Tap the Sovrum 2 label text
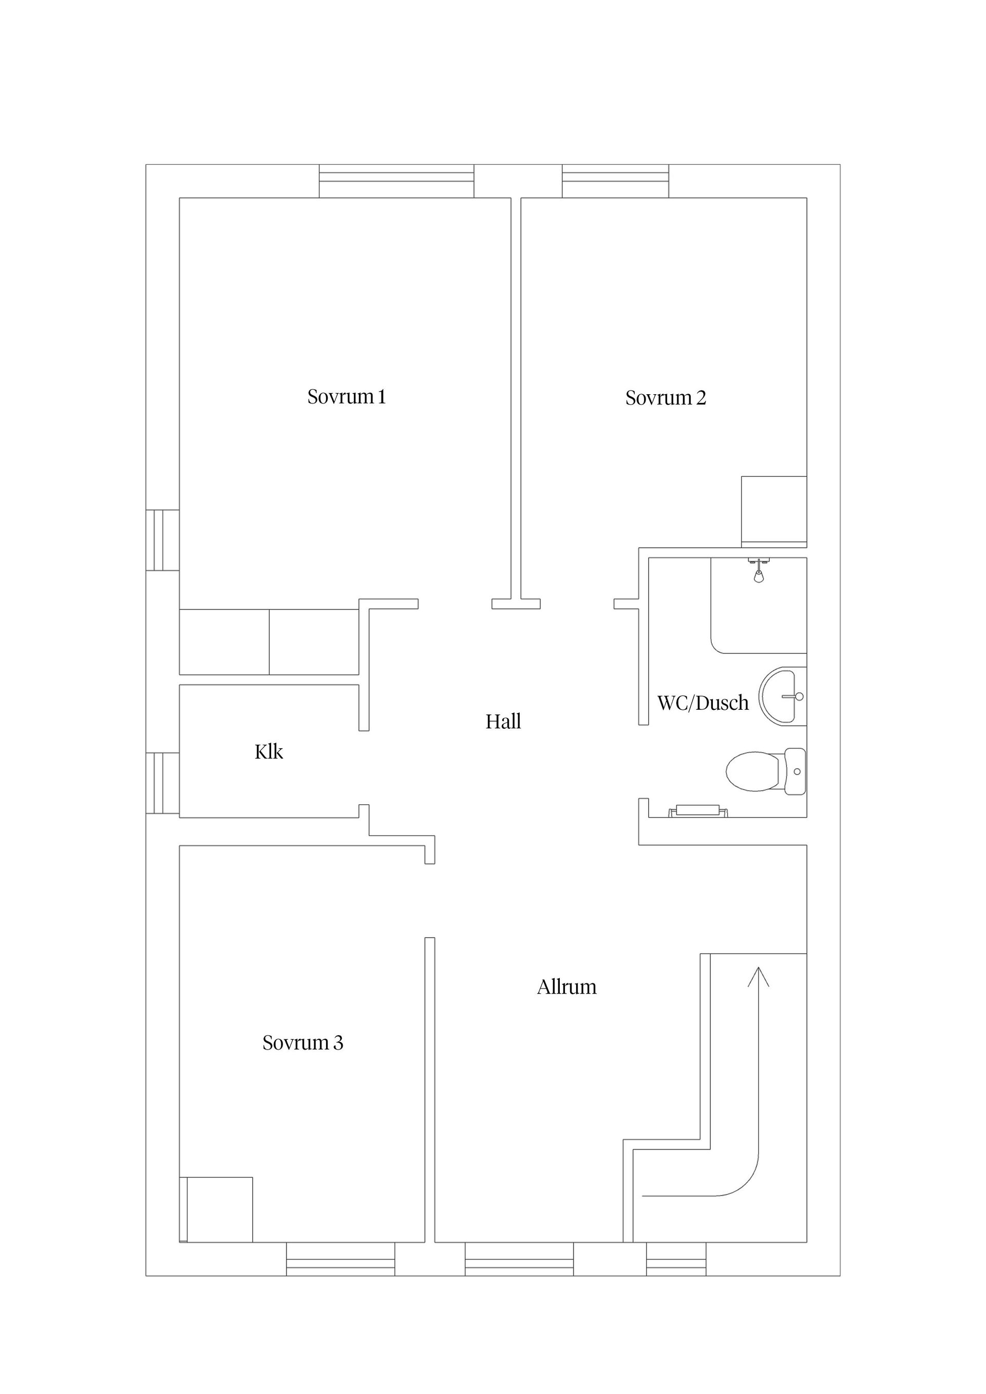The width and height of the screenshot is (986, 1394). point(666,398)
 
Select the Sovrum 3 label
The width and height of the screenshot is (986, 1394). point(302,1042)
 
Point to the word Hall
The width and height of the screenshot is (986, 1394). point(503,721)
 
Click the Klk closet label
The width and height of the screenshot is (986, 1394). point(269,751)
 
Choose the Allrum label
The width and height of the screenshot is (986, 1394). point(566,986)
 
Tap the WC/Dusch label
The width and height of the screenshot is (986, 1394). point(703,703)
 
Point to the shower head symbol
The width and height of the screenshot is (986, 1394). point(760,570)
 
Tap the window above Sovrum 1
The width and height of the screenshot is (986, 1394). point(396,181)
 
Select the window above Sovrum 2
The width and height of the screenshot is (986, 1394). point(615,181)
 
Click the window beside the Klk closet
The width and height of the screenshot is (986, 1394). point(163,783)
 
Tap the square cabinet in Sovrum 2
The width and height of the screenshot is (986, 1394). point(774,512)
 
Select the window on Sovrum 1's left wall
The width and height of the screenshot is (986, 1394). point(163,540)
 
